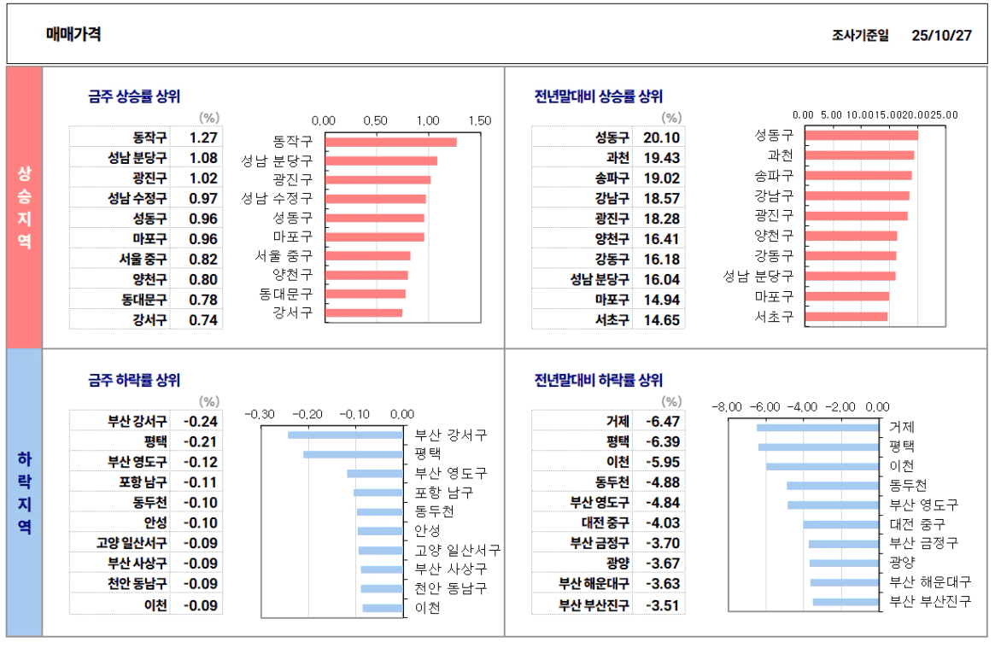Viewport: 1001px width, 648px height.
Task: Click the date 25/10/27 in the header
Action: [x=941, y=35]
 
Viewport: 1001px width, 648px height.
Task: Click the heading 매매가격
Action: [x=74, y=34]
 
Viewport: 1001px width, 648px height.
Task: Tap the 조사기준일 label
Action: [x=859, y=36]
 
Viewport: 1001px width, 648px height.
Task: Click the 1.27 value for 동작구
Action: [x=203, y=137]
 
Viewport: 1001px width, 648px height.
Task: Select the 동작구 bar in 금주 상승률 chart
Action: [x=390, y=142]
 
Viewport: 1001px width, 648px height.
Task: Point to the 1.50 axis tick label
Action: [x=479, y=120]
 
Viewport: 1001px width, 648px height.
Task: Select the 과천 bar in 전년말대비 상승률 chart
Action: [x=859, y=155]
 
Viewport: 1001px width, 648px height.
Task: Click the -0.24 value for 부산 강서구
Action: [x=201, y=421]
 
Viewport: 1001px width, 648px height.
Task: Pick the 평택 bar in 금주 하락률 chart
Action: [x=353, y=454]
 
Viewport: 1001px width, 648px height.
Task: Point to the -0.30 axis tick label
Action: [x=260, y=414]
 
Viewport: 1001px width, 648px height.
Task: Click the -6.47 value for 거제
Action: [x=664, y=421]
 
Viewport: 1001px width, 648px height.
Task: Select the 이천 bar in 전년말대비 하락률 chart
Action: [x=822, y=466]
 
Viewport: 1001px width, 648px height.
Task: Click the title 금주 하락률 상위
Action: [x=134, y=381]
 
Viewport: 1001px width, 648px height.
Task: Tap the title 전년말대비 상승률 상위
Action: [x=598, y=96]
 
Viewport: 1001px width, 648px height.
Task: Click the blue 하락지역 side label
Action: [x=24, y=492]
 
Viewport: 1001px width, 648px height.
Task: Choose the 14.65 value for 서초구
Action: [x=661, y=320]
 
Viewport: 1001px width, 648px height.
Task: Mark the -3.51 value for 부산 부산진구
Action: [x=664, y=605]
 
